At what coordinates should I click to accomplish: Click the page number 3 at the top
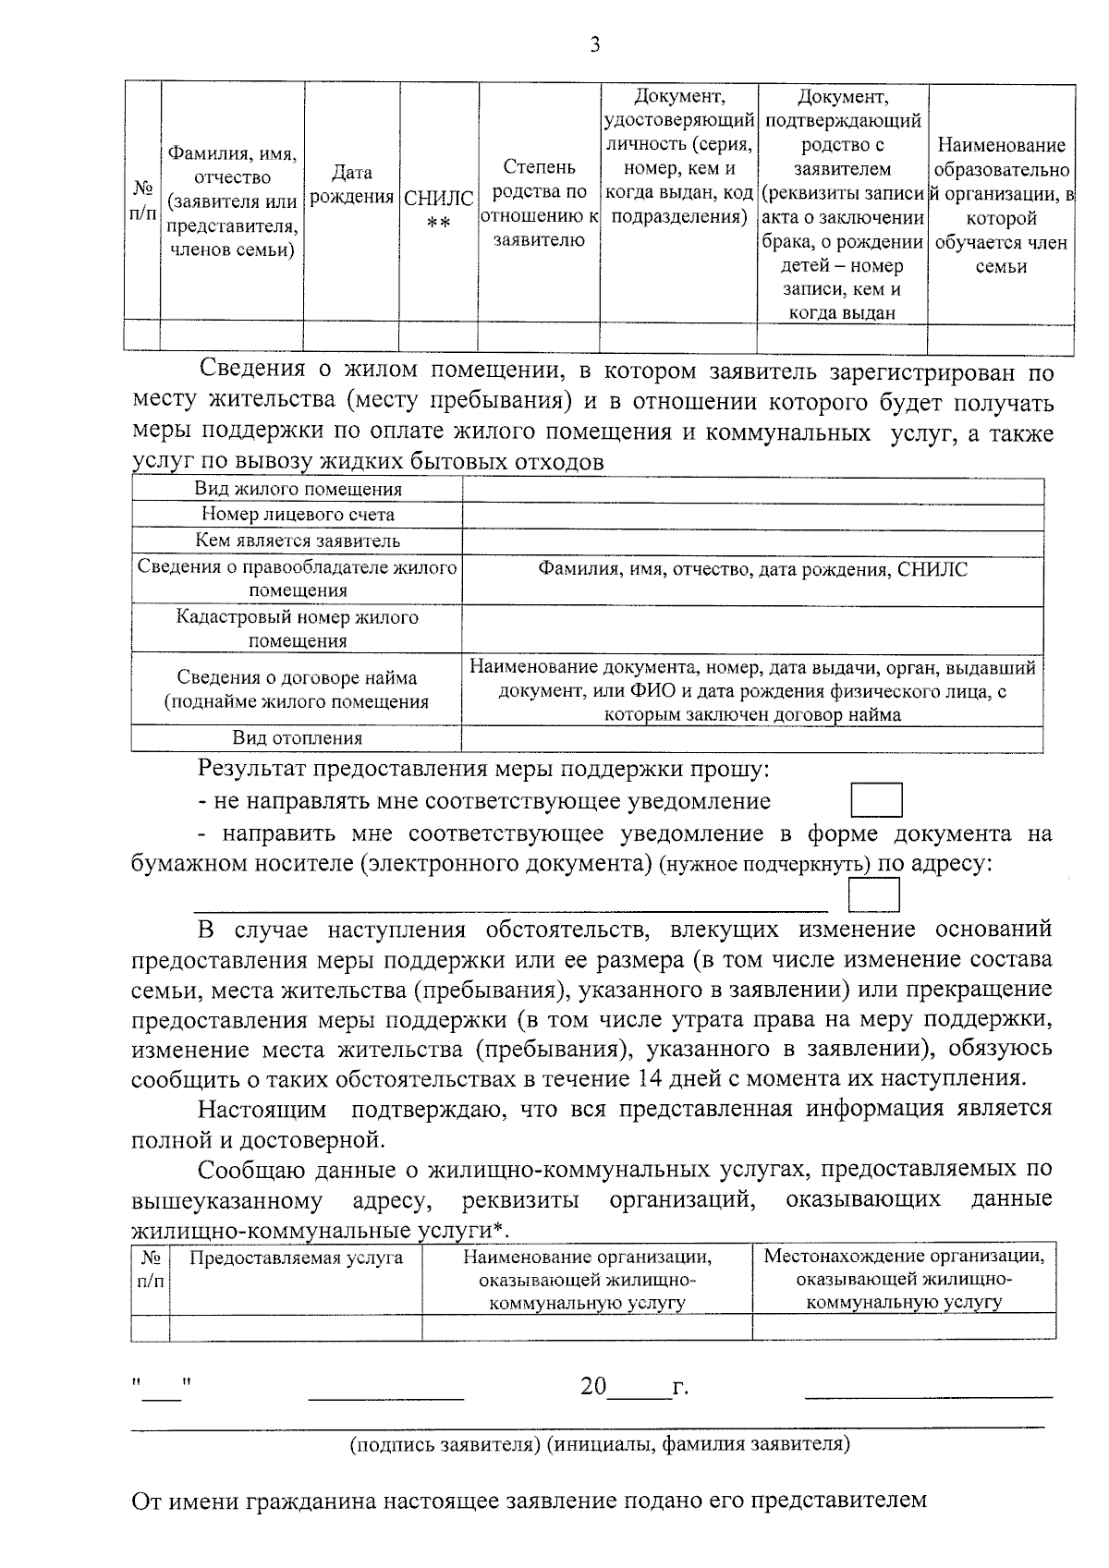(x=594, y=44)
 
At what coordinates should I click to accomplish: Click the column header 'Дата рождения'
(x=351, y=185)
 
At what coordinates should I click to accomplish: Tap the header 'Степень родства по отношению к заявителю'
(x=540, y=203)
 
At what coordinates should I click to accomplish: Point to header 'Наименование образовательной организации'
(x=1002, y=206)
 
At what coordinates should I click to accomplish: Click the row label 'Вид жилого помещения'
(x=298, y=490)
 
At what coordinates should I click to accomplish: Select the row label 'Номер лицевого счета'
(x=298, y=515)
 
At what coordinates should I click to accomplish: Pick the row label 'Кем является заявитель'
(x=298, y=541)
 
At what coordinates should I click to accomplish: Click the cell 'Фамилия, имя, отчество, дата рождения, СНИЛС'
(x=753, y=569)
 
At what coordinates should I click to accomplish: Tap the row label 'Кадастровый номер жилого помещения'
(x=298, y=628)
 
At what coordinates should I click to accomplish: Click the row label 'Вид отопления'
(x=298, y=737)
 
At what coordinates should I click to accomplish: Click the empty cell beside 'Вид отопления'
(x=752, y=737)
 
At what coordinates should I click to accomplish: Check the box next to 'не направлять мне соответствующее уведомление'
(x=876, y=800)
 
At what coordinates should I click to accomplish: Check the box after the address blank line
(x=874, y=895)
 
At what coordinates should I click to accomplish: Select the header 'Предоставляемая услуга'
(x=296, y=1258)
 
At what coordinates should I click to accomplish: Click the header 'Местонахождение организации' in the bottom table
(x=904, y=1257)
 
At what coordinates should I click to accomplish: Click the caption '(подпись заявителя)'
(x=445, y=1444)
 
